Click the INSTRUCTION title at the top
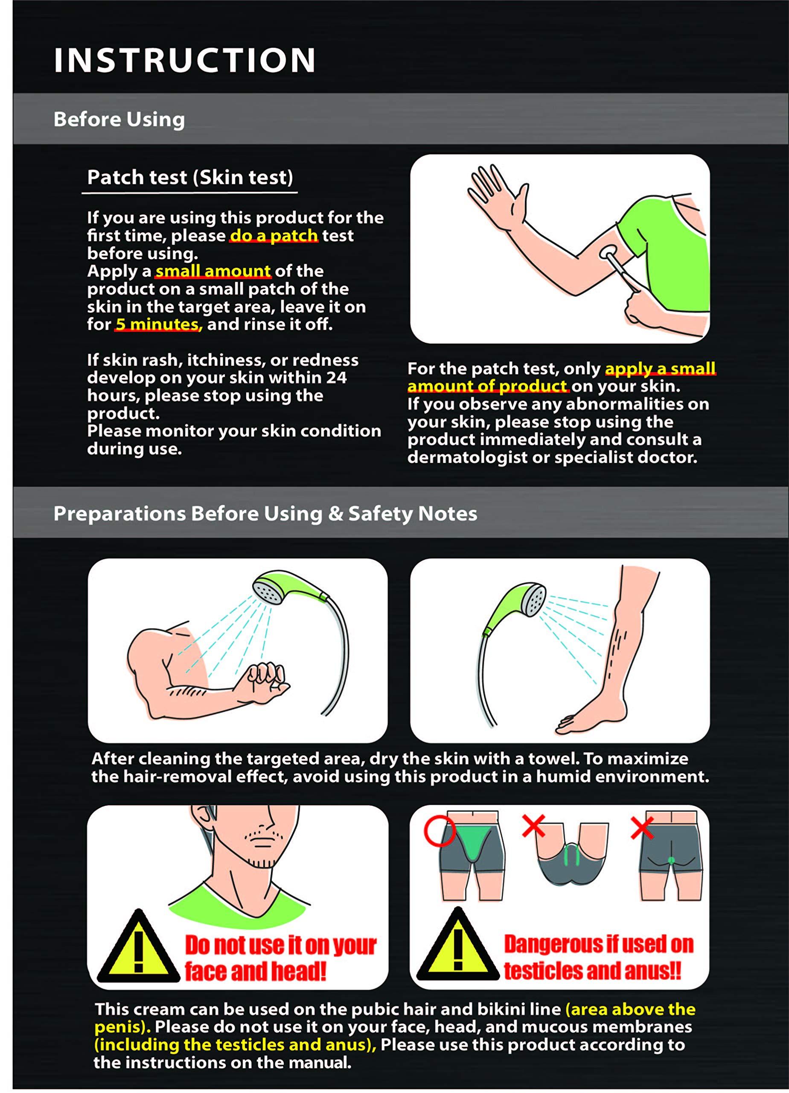pos(184,60)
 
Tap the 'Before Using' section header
pos(119,120)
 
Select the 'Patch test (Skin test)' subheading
pos(190,177)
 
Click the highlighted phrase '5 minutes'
pos(157,324)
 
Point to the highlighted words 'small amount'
pos(213,271)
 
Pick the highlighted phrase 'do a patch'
pos(274,236)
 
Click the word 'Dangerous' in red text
pos(545,944)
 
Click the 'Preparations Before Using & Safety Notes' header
pos(265,514)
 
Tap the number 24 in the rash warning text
pos(337,377)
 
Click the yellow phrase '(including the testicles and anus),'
pos(235,1045)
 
